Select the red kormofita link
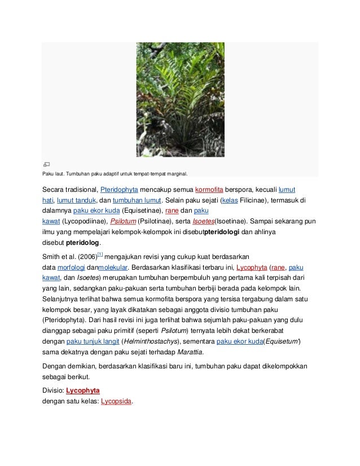point(212,188)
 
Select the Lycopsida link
point(115,403)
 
